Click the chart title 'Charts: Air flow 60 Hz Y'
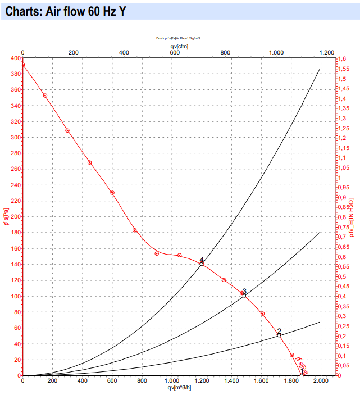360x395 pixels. (65, 11)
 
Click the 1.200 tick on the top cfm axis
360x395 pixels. (327, 52)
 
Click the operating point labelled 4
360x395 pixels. (202, 264)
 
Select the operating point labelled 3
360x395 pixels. (244, 295)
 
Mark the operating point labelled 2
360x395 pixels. (279, 335)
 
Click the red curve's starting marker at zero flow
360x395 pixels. (22, 65)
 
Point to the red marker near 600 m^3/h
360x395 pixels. (112, 193)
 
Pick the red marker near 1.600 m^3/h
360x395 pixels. (262, 314)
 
